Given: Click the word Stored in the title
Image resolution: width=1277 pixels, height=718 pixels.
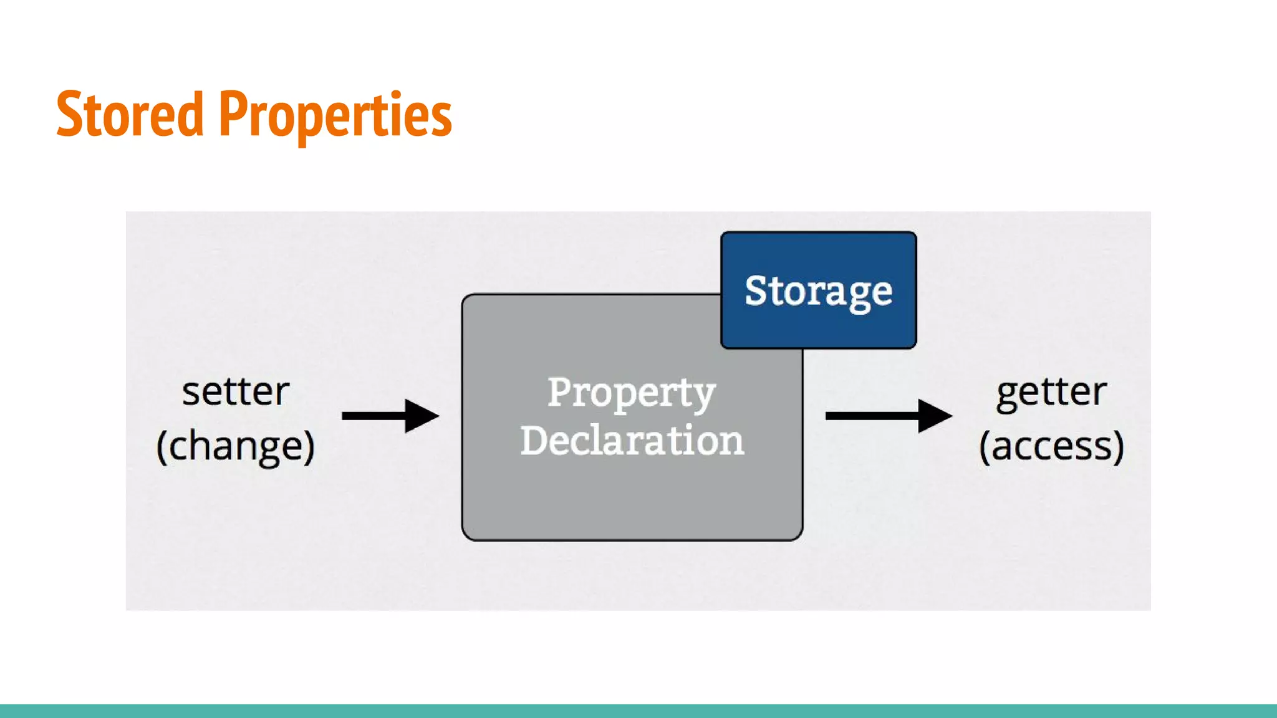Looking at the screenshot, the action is pyautogui.click(x=130, y=114).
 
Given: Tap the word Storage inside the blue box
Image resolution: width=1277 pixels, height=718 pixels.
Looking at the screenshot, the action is pyautogui.click(x=818, y=291).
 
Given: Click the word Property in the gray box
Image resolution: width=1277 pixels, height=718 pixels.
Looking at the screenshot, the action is pyautogui.click(x=631, y=393).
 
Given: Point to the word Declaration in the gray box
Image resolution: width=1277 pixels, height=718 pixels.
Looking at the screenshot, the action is pyautogui.click(x=632, y=440).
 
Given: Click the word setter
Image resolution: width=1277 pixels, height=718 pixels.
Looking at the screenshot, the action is pyautogui.click(x=236, y=392).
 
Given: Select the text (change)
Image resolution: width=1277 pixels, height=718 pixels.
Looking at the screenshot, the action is pyautogui.click(x=236, y=446).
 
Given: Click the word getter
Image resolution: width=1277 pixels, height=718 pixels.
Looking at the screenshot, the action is pyautogui.click(x=1051, y=392).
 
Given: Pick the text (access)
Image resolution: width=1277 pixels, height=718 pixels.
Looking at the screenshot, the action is pyautogui.click(x=1051, y=446).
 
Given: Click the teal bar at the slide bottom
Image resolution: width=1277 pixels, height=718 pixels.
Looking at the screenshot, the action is pyautogui.click(x=638, y=711).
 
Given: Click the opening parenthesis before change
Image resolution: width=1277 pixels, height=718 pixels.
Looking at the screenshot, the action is pyautogui.click(x=162, y=446).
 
